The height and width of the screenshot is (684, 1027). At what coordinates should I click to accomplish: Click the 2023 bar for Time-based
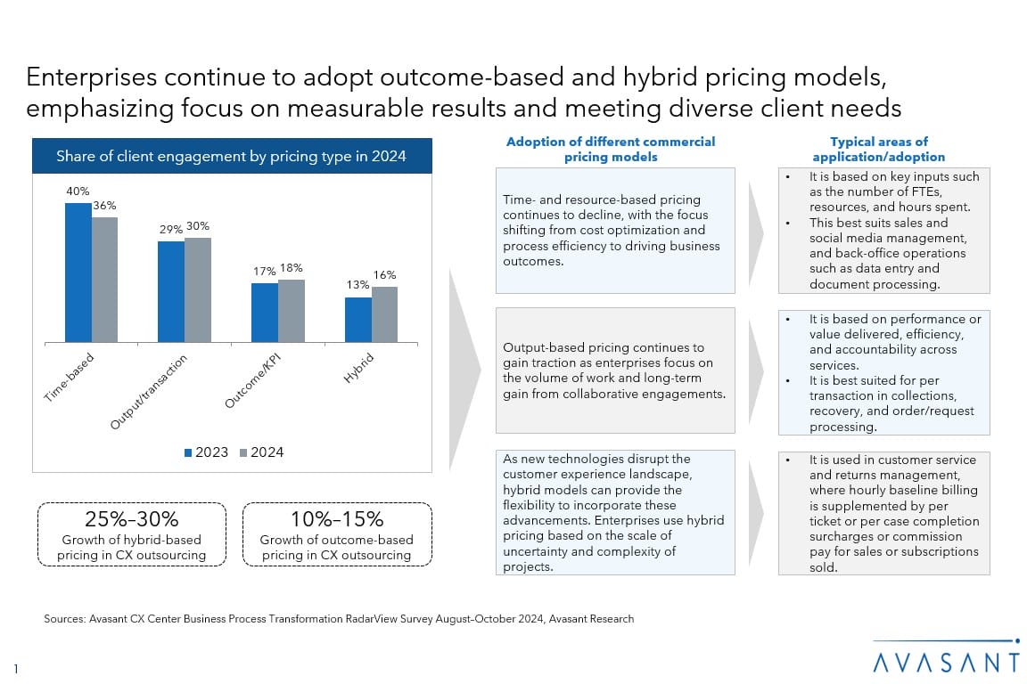[78, 273]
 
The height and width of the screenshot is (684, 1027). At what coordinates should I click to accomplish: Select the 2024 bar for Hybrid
[384, 314]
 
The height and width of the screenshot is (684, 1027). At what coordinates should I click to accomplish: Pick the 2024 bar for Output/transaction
[198, 289]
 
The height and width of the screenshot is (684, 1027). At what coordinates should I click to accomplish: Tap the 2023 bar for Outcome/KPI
[264, 313]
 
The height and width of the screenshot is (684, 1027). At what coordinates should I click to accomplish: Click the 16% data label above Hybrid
[385, 275]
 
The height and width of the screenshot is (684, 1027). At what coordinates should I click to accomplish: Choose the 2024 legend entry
[261, 452]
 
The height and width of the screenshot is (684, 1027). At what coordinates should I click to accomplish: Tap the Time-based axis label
[69, 379]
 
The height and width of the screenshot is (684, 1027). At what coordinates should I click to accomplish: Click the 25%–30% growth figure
[131, 519]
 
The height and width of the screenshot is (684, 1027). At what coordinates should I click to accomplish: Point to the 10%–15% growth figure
[337, 519]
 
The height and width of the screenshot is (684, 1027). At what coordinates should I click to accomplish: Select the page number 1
[17, 668]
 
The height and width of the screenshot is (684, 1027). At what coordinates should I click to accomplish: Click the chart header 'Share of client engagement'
[231, 156]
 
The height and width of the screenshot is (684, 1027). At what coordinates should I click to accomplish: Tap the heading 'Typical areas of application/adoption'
[878, 149]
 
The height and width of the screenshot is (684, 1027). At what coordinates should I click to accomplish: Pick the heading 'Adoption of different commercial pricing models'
[611, 149]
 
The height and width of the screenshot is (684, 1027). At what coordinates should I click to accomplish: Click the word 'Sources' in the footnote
[62, 619]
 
